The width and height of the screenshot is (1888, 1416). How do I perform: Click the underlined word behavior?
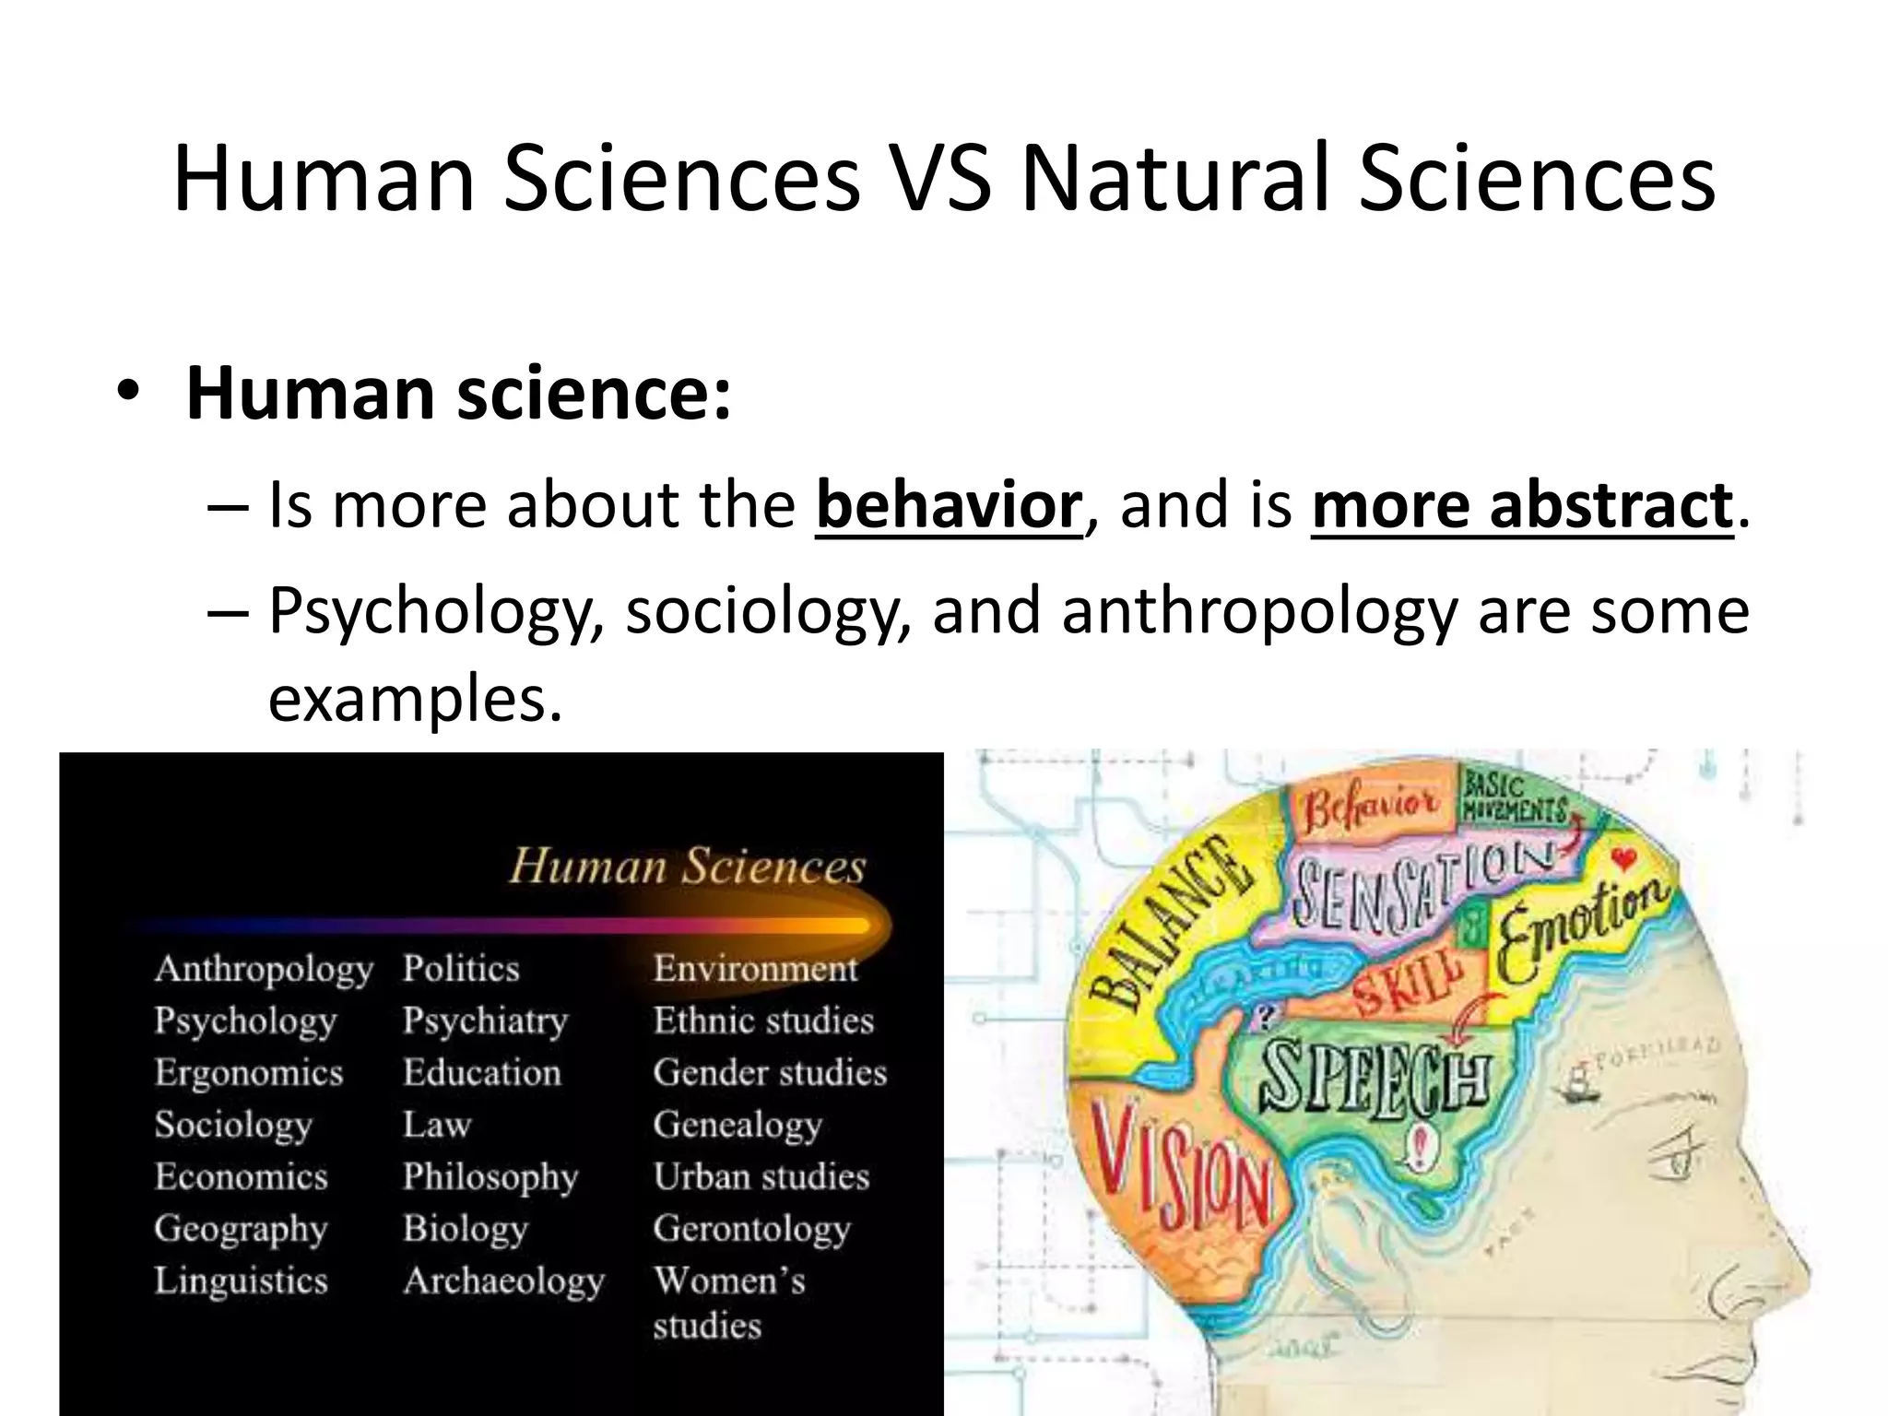pyautogui.click(x=948, y=505)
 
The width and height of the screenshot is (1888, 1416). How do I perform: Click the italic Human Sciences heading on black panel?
pyautogui.click(x=688, y=867)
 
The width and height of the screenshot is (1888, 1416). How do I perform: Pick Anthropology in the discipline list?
pyautogui.click(x=264, y=969)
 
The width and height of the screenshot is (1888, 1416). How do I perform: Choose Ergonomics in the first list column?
pyautogui.click(x=249, y=1073)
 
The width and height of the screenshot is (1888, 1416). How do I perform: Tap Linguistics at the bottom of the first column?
pyautogui.click(x=241, y=1280)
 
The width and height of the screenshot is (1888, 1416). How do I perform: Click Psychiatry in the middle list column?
pyautogui.click(x=485, y=1021)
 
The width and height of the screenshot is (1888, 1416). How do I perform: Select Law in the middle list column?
pyautogui.click(x=437, y=1125)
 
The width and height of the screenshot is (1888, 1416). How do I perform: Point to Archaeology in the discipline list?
pyautogui.click(x=503, y=1280)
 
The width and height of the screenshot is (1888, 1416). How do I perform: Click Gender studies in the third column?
pyautogui.click(x=770, y=1073)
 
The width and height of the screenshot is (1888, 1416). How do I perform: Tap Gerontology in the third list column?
pyautogui.click(x=752, y=1229)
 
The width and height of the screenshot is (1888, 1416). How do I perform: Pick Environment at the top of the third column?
pyautogui.click(x=755, y=969)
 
